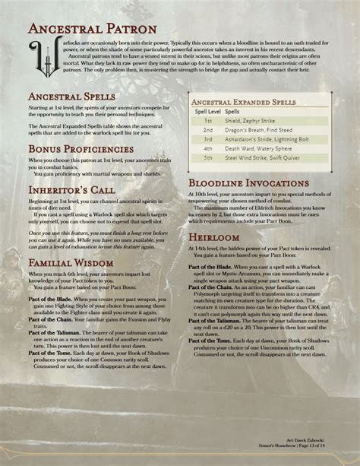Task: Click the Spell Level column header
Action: pyautogui.click(x=208, y=110)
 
